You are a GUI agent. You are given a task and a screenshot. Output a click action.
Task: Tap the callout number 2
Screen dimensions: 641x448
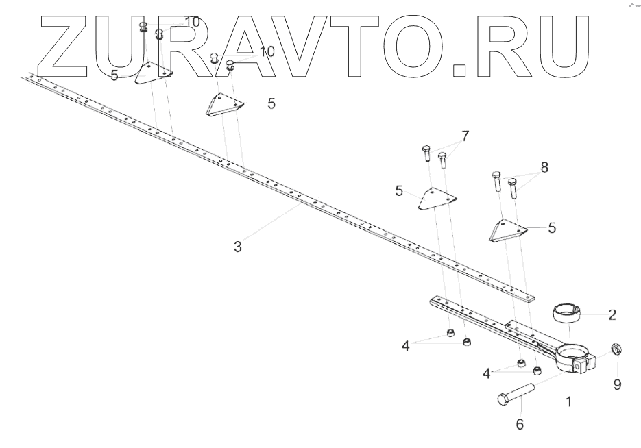[612, 315]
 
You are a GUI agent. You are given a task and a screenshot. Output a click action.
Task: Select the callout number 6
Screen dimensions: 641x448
[520, 425]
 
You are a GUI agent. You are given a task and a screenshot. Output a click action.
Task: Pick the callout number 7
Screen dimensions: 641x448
[465, 136]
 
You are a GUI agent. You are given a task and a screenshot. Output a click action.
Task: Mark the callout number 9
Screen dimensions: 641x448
[617, 385]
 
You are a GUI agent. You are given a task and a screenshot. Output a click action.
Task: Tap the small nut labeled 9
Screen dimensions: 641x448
[616, 350]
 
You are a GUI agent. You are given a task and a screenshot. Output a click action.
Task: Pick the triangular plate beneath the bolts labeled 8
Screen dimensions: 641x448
[507, 231]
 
